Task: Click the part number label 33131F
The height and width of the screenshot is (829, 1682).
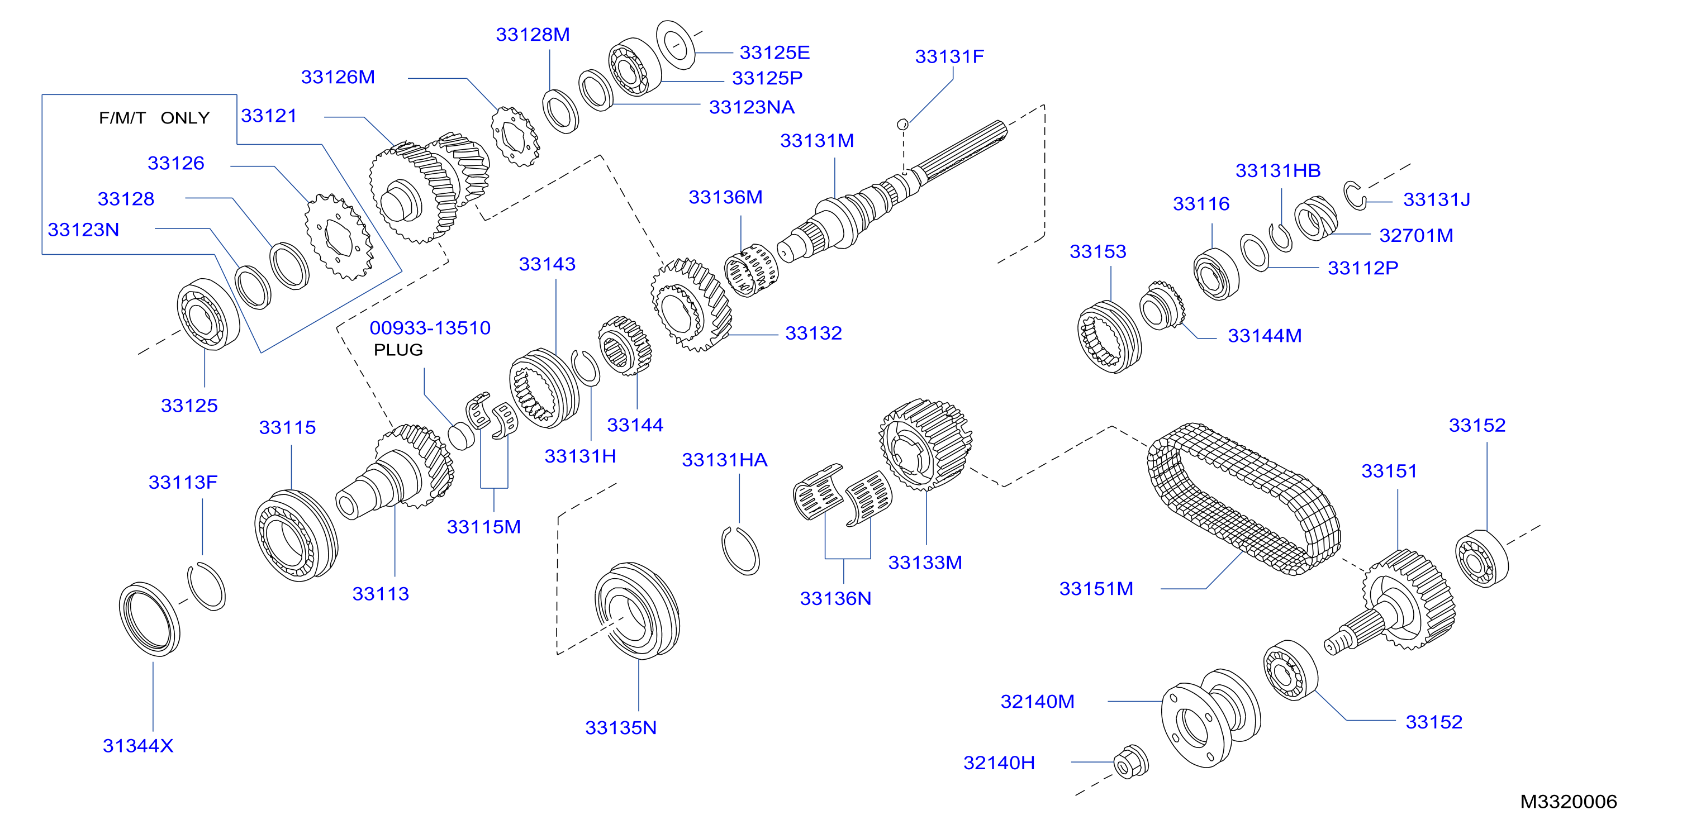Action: click(949, 57)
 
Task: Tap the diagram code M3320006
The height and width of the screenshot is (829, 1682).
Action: click(1569, 802)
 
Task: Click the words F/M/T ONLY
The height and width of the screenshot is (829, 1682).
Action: click(154, 118)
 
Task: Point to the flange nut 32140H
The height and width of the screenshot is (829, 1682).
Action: click(1131, 762)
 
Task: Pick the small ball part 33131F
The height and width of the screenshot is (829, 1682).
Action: click(903, 124)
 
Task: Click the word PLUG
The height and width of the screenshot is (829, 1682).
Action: click(398, 350)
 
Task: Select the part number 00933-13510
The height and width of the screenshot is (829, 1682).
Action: click(430, 328)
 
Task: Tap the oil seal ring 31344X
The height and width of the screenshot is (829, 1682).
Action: click(150, 619)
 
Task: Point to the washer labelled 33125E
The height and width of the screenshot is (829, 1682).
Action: click(676, 44)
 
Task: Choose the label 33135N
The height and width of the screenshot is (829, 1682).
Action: click(621, 728)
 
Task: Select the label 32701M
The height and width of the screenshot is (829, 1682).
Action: click(1416, 236)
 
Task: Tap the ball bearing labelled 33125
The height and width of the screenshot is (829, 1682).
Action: click(208, 314)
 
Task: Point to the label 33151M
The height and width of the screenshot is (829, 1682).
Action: click(1096, 589)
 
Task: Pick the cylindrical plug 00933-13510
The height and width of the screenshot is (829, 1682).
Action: click(462, 436)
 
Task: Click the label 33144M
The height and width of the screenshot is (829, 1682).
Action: click(1265, 336)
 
